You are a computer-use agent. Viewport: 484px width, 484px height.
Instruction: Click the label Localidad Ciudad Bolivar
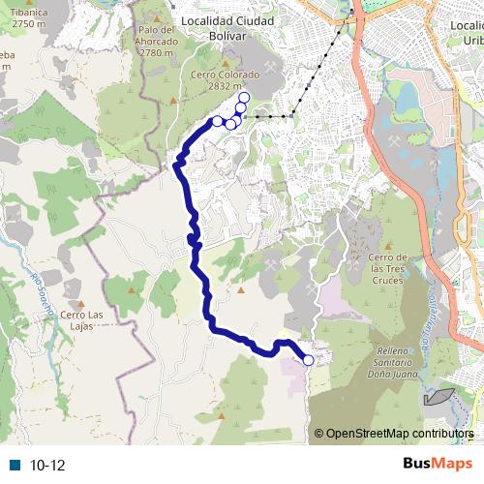pyautogui.click(x=227, y=27)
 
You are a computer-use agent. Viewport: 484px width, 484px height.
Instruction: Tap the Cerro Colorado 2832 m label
pyautogui.click(x=227, y=77)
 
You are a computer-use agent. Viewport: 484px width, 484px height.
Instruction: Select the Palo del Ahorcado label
pyautogui.click(x=156, y=41)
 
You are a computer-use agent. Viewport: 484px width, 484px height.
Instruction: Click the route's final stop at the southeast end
pyautogui.click(x=309, y=360)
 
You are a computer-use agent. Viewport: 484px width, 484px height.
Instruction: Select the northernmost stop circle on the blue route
pyautogui.click(x=243, y=98)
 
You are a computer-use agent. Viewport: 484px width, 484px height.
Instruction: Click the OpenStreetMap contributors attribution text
pyautogui.click(x=400, y=433)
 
